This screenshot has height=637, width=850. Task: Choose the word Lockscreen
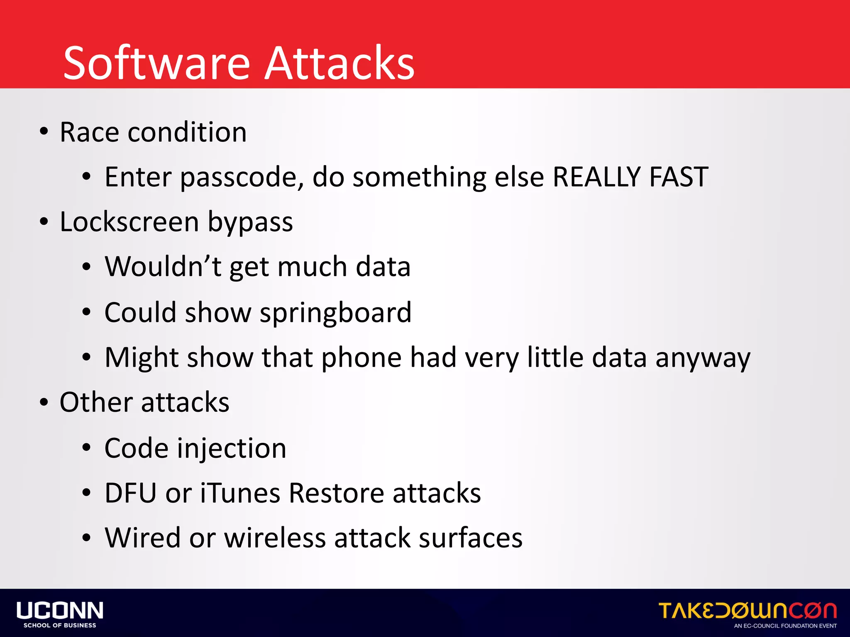click(x=129, y=222)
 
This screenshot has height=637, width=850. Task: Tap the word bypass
click(x=250, y=223)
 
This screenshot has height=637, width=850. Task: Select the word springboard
click(x=335, y=313)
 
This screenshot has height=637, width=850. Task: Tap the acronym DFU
click(x=130, y=493)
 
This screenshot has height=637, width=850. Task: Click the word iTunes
click(x=240, y=493)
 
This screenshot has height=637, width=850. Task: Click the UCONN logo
click(x=60, y=614)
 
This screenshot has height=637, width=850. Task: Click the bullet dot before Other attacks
click(x=44, y=402)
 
